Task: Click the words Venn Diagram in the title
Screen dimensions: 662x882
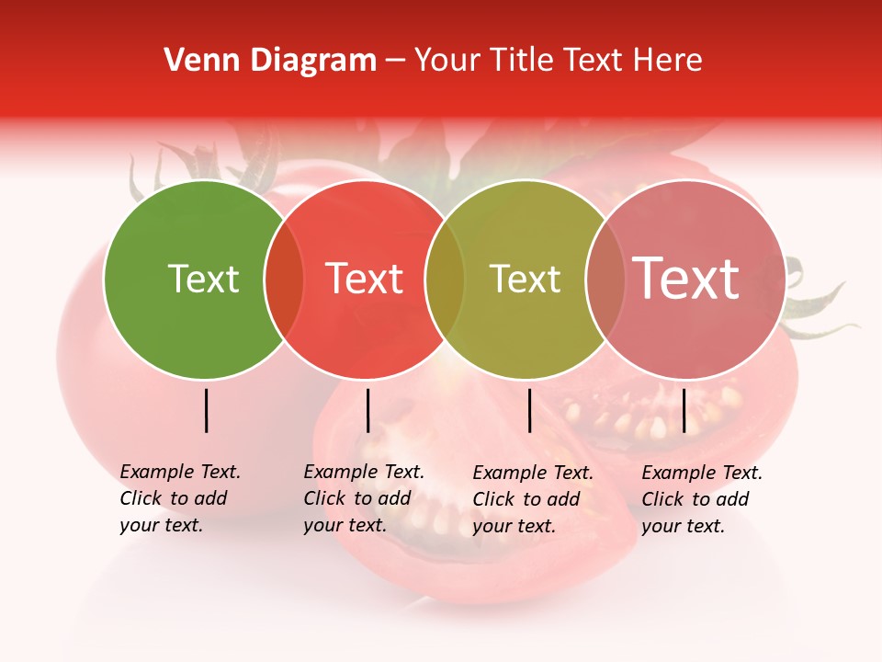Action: [270, 61]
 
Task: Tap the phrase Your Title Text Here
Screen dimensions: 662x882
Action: [558, 61]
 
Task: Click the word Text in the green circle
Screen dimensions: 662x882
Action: [203, 279]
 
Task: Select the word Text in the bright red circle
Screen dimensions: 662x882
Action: [365, 279]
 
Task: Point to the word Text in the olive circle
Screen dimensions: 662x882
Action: [525, 279]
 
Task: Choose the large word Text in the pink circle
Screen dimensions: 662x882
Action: [686, 279]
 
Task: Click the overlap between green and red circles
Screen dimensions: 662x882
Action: [284, 280]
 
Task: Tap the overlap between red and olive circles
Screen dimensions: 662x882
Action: [445, 280]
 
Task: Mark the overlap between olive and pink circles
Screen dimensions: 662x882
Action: [605, 280]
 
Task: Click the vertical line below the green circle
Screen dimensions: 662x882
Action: [207, 410]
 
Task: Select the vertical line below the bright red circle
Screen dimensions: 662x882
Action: [367, 410]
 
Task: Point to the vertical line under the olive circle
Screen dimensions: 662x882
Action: [529, 410]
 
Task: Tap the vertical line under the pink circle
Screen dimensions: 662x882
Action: [684, 410]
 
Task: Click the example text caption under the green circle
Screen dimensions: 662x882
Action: [180, 498]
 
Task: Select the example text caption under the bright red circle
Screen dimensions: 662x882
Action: [364, 498]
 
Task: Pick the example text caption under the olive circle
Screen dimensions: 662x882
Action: [533, 499]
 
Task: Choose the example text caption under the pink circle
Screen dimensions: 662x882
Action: [702, 499]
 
